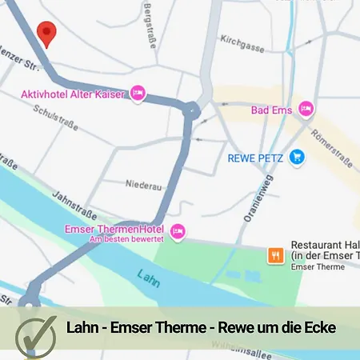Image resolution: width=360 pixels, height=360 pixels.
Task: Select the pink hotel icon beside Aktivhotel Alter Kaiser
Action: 138,94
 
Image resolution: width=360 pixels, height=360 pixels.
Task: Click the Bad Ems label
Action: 272,109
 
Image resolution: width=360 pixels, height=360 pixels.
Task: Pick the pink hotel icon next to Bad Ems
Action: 305,108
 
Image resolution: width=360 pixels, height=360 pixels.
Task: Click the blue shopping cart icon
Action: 298,158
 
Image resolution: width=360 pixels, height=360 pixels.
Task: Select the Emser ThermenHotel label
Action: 114,229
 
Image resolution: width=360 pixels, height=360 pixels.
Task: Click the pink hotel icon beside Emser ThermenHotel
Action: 178,231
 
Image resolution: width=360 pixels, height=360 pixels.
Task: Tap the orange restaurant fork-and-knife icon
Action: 275,255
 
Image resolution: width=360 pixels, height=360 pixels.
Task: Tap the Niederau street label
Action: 143,186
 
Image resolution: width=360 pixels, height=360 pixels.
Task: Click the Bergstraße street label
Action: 150,24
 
